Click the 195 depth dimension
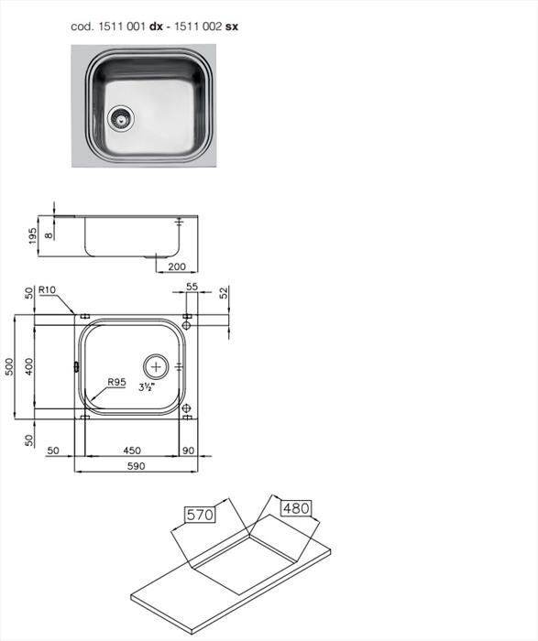coord(33,236)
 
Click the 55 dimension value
coord(192,288)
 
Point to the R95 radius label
coord(115,383)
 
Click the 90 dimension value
coord(187,450)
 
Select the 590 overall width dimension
coord(136,466)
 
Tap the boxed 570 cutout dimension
coord(201,516)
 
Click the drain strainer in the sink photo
coord(120,116)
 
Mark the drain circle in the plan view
coord(159,365)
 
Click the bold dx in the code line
coord(156,27)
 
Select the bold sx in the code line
coord(232,27)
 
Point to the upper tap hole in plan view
coord(186,325)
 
